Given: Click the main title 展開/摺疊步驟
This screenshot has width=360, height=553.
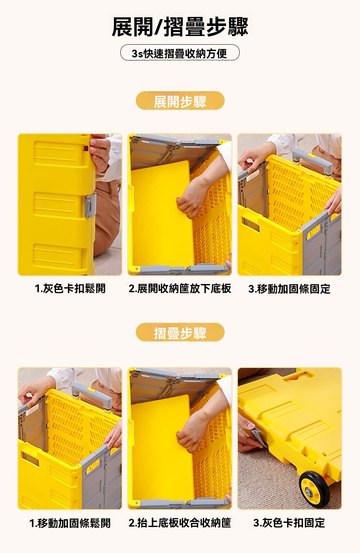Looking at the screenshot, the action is [180, 26].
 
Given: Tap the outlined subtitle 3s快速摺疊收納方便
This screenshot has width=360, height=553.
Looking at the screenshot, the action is [180, 52].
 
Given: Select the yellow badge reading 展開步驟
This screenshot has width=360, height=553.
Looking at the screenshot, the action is [180, 100].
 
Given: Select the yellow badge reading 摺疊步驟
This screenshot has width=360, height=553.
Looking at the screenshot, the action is [180, 332].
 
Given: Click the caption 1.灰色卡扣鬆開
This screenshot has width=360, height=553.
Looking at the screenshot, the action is [70, 288].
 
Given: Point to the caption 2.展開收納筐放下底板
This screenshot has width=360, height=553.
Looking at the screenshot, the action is [180, 288].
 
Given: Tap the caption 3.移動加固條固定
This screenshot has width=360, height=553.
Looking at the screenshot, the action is [289, 289].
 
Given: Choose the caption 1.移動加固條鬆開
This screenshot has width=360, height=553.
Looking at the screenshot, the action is [70, 523].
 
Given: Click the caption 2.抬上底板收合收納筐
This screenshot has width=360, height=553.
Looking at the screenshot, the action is [180, 523].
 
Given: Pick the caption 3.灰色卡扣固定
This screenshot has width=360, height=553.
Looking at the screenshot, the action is [289, 523].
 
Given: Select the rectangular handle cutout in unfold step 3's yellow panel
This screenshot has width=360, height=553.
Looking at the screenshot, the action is [251, 224].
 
